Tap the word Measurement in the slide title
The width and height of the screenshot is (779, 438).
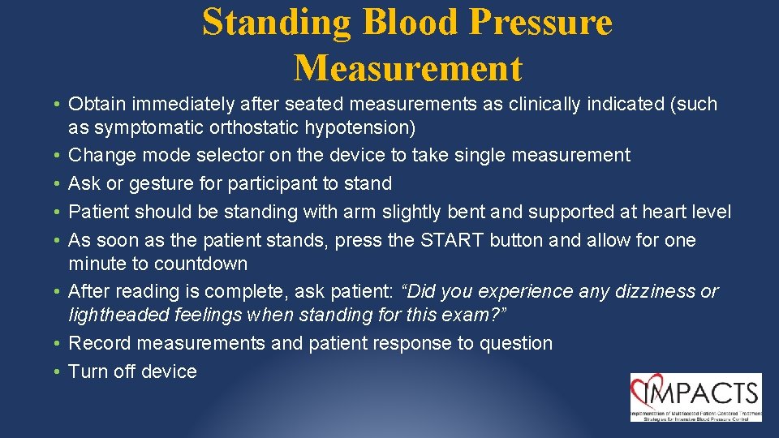click(408, 68)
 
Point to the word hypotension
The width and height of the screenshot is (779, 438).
click(361, 128)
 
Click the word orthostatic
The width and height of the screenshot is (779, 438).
click(263, 128)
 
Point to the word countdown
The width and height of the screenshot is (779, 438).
click(202, 264)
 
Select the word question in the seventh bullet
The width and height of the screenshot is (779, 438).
click(515, 343)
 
